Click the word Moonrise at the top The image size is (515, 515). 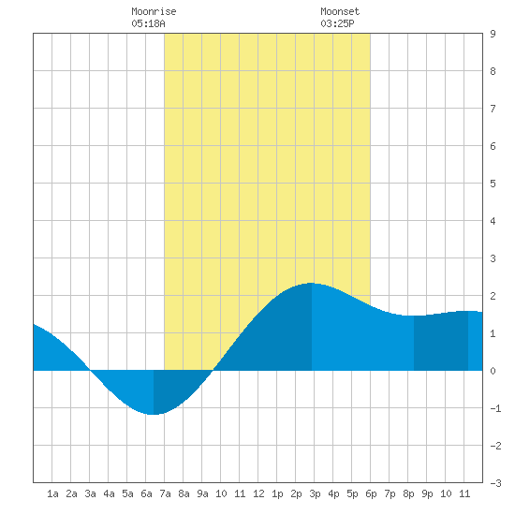click(x=154, y=11)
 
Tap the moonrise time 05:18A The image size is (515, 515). click(x=148, y=23)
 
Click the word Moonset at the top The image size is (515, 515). click(x=340, y=11)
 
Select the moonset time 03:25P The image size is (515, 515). click(x=337, y=23)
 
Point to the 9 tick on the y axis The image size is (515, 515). click(x=493, y=34)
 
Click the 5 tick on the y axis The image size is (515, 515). click(x=493, y=184)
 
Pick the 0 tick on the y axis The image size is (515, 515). click(x=493, y=371)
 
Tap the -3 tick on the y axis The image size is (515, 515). click(x=495, y=483)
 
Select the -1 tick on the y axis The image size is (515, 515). click(x=495, y=408)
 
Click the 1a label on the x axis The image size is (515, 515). click(x=52, y=493)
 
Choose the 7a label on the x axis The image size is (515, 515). click(x=165, y=493)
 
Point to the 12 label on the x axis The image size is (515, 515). click(x=258, y=493)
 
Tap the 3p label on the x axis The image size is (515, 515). click(x=315, y=493)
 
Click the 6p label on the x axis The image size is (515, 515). click(x=371, y=493)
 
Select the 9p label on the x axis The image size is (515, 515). click(x=427, y=493)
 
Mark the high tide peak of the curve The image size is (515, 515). click(x=312, y=283)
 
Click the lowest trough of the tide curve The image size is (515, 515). click(x=154, y=415)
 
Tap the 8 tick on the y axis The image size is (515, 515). click(x=493, y=71)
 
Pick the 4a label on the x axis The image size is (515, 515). click(x=109, y=493)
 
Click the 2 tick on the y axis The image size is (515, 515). click(x=493, y=296)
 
